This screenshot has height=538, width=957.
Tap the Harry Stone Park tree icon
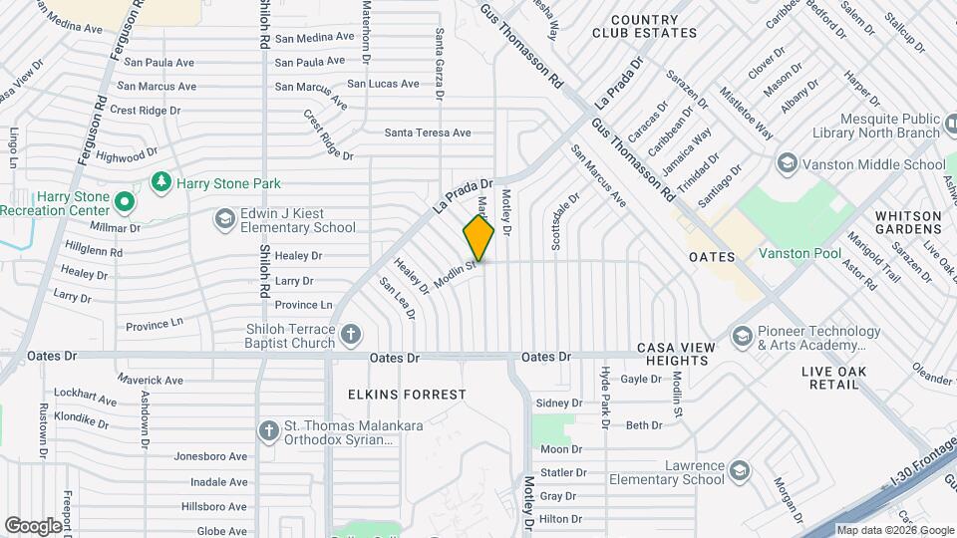click(x=159, y=182)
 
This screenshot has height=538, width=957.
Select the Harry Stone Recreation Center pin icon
click(x=124, y=203)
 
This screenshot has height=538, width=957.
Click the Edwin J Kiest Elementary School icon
click(x=225, y=218)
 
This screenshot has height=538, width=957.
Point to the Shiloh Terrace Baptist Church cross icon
click(x=350, y=335)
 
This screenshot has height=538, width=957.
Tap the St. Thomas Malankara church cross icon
click(x=268, y=431)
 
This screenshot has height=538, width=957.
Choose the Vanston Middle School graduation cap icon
click(x=787, y=163)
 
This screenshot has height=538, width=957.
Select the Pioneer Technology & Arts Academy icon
click(x=741, y=337)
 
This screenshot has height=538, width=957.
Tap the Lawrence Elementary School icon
click(x=739, y=470)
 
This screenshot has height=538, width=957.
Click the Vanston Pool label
click(x=799, y=254)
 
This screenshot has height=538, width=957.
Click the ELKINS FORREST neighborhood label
click(x=407, y=395)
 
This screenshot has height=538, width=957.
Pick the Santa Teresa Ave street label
click(x=428, y=133)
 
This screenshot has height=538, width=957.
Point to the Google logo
click(x=34, y=525)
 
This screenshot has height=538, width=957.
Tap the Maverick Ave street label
click(x=151, y=380)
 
